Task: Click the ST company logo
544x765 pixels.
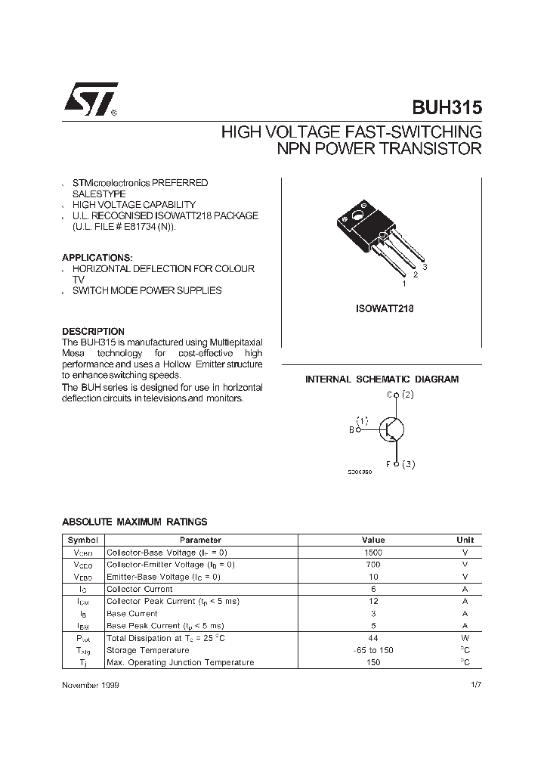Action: (x=89, y=100)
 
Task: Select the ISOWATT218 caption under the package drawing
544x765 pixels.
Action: (x=384, y=309)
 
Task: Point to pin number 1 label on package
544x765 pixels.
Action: (x=404, y=283)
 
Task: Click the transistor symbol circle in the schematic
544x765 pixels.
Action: (x=389, y=429)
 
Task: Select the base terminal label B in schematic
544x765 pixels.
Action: (x=351, y=430)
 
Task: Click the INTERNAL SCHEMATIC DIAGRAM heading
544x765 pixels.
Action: (x=382, y=379)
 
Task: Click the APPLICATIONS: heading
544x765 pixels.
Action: (x=97, y=257)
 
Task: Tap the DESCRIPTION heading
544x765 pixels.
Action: (x=93, y=331)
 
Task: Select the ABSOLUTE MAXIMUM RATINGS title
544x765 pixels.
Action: (x=134, y=522)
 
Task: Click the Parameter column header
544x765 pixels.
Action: (x=200, y=540)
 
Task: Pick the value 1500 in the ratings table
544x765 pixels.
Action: (x=373, y=553)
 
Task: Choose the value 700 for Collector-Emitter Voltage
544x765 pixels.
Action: (x=373, y=565)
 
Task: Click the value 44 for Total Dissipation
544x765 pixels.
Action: (x=373, y=638)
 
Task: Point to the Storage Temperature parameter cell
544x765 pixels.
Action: (x=147, y=650)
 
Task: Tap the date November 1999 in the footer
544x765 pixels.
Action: (x=89, y=684)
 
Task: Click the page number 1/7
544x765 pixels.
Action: (x=475, y=684)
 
